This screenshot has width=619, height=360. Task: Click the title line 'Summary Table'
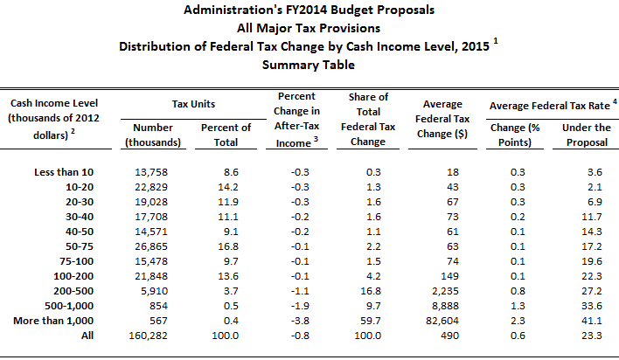(x=309, y=65)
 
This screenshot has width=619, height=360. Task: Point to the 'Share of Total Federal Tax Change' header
(x=368, y=120)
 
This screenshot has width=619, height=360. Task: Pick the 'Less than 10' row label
(x=77, y=175)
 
